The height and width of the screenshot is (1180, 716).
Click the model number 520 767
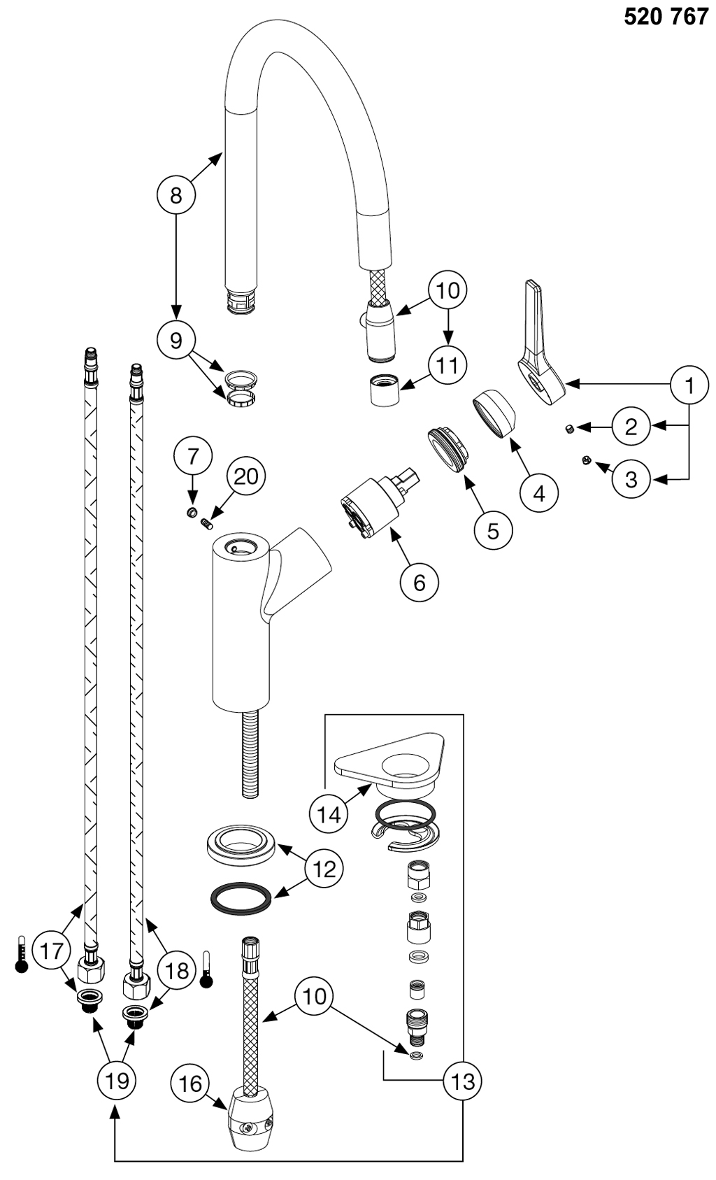665,17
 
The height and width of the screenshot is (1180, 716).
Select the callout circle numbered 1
689,384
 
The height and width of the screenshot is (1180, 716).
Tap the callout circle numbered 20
245,476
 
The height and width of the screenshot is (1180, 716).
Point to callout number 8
176,194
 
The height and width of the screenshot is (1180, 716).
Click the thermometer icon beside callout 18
206,969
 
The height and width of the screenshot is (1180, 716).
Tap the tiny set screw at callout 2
571,429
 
